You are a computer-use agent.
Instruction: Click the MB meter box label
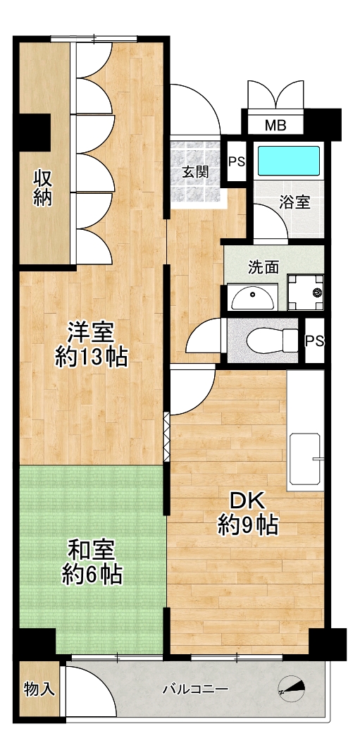tap(275, 126)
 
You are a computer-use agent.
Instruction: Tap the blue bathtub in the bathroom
tap(289, 160)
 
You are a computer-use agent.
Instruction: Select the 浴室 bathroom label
tap(294, 202)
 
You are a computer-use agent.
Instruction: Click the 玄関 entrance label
tap(195, 172)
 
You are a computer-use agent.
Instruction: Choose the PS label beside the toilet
tap(315, 341)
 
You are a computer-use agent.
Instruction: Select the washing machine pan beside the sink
tap(306, 293)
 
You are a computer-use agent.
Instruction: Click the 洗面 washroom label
tap(263, 267)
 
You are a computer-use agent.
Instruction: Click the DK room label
tap(247, 502)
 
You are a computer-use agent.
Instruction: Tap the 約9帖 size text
tap(248, 525)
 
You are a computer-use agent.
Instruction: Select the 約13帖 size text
tap(90, 357)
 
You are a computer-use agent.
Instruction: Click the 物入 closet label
tap(39, 689)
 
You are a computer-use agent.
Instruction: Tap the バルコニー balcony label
tap(195, 689)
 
